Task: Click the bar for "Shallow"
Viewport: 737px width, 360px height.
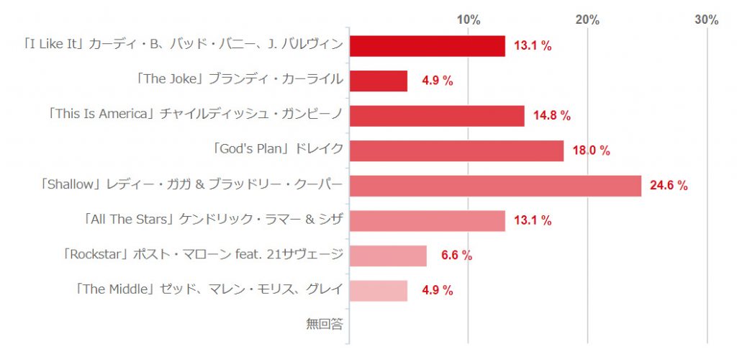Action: click(495, 186)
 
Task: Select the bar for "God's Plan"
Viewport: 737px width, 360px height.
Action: click(456, 150)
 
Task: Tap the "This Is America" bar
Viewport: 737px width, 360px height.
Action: click(437, 115)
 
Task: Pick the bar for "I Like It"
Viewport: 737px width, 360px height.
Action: click(428, 45)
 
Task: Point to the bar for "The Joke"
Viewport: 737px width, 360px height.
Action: click(379, 81)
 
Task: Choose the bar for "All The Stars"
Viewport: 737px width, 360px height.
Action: click(428, 220)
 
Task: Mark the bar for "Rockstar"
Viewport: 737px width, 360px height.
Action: click(388, 256)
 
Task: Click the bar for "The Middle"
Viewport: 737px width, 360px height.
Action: click(379, 290)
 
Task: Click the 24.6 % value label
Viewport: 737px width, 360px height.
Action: click(669, 186)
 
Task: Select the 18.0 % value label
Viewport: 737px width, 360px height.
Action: click(591, 150)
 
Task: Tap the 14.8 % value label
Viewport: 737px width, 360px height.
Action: click(552, 115)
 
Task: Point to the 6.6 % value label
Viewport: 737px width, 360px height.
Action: click(456, 256)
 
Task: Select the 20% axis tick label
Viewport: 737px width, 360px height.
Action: click(587, 19)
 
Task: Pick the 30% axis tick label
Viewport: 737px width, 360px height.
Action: click(706, 19)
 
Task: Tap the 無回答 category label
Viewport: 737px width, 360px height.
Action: click(324, 325)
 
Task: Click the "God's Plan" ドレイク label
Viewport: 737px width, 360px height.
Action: click(277, 150)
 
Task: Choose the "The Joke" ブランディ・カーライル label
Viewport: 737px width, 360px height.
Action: click(239, 80)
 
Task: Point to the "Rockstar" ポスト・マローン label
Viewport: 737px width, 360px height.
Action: click(202, 255)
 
